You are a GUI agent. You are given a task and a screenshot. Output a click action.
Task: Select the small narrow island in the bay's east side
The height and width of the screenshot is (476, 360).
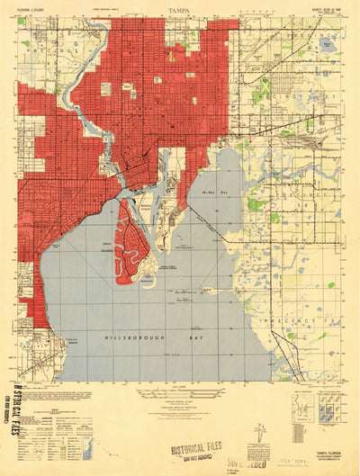tap(211, 291)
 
